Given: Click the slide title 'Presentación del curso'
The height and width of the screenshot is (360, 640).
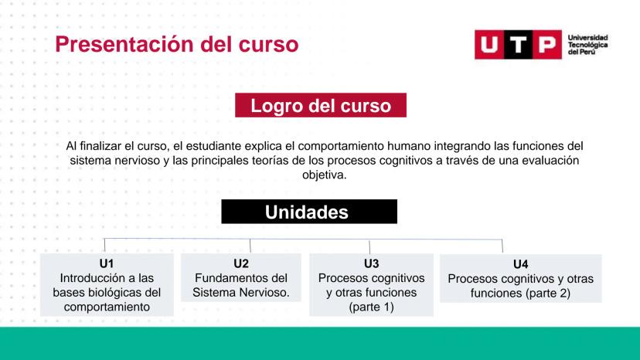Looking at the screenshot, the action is pyautogui.click(x=177, y=44).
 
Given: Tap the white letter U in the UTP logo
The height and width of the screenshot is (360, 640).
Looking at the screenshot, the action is pyautogui.click(x=489, y=45).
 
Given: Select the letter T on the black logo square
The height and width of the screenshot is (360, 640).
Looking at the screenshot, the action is pyautogui.click(x=518, y=45).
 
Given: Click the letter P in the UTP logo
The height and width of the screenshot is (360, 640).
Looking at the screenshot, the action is pyautogui.click(x=547, y=45).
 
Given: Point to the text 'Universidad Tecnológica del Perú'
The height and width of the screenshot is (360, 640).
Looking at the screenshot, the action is pyautogui.click(x=587, y=45).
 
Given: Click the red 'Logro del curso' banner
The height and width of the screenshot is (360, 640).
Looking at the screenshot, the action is pyautogui.click(x=321, y=105).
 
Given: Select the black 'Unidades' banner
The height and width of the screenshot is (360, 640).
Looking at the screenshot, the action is pyautogui.click(x=309, y=212).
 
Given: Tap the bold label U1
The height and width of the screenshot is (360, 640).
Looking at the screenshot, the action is pyautogui.click(x=107, y=263).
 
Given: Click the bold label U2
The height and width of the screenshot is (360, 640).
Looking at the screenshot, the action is pyautogui.click(x=241, y=263).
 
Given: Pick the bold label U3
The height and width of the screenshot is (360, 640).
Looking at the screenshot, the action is pyautogui.click(x=371, y=263).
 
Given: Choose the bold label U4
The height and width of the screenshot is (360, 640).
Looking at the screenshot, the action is pyautogui.click(x=520, y=264).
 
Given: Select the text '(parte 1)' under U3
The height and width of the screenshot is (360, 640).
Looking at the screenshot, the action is pyautogui.click(x=371, y=307).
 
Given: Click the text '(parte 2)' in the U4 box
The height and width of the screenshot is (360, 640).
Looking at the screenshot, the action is pyautogui.click(x=548, y=293).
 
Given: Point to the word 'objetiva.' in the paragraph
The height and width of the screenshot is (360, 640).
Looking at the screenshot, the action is pyautogui.click(x=324, y=175).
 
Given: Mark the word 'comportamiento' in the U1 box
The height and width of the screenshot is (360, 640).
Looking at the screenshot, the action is pyautogui.click(x=107, y=307).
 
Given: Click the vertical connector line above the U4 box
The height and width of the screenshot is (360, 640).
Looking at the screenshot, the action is pyautogui.click(x=502, y=246).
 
